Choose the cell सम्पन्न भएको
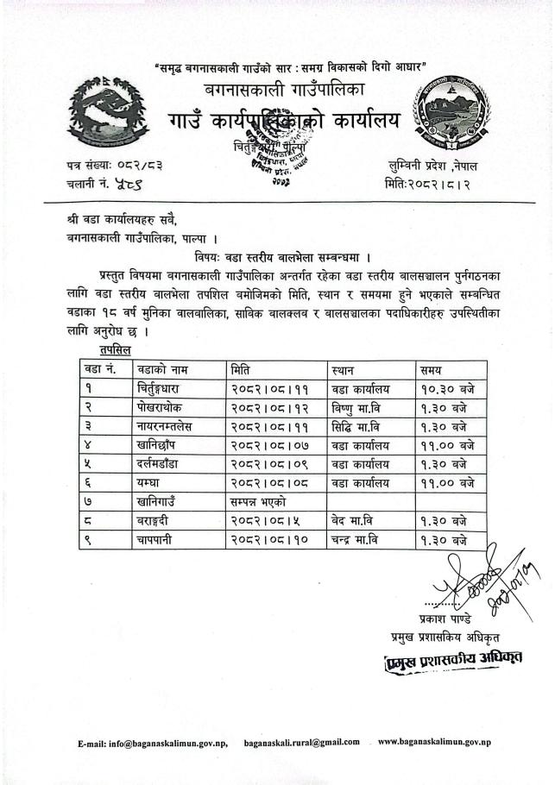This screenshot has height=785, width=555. tap(260, 502)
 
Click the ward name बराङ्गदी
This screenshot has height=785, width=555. tap(156, 521)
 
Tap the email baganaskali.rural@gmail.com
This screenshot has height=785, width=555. tap(301, 742)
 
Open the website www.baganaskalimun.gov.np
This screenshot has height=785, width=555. tap(434, 742)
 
